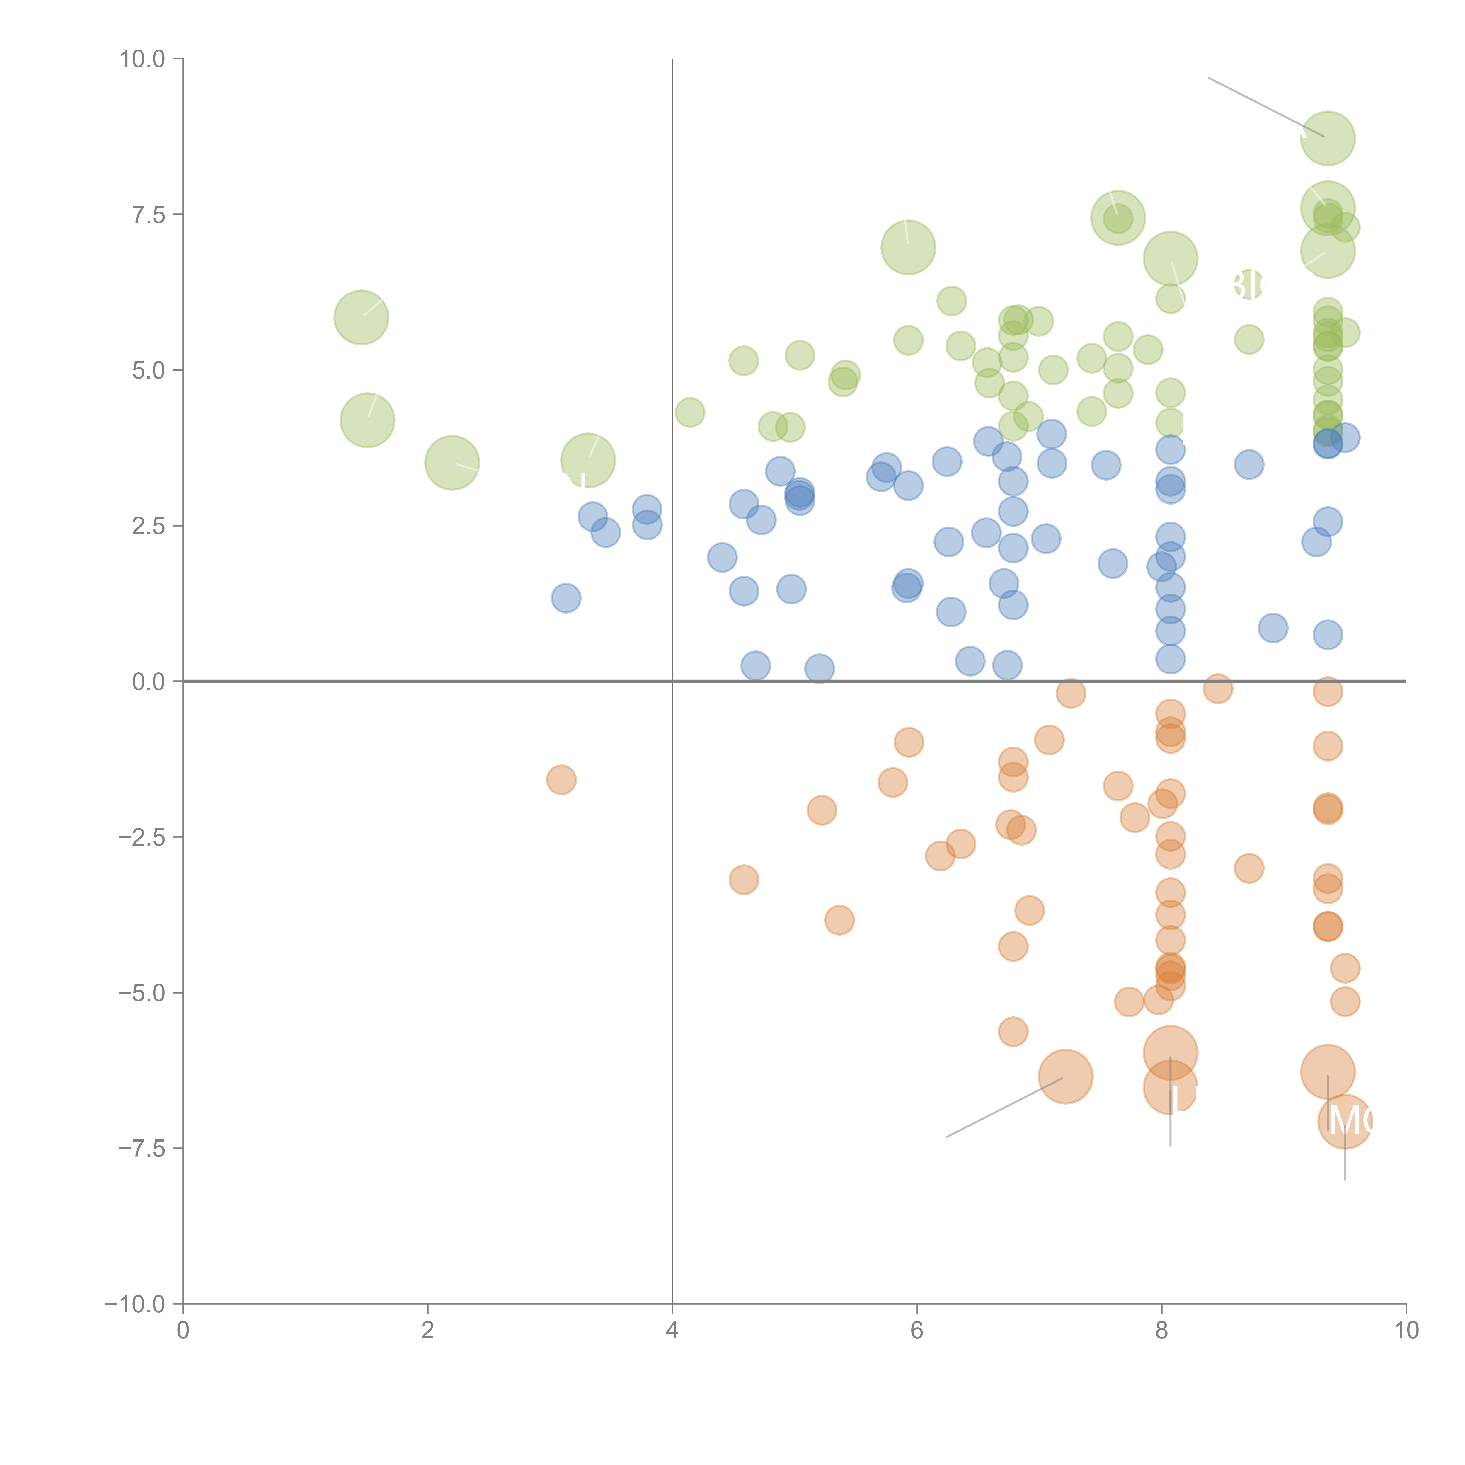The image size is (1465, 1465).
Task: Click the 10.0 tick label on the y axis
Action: click(143, 59)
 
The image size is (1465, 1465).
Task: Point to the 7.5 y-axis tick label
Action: click(149, 214)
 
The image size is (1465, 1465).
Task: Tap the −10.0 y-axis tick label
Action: click(135, 1304)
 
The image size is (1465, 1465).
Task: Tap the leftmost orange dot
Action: click(561, 779)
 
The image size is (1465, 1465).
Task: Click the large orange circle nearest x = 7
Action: click(1065, 1077)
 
